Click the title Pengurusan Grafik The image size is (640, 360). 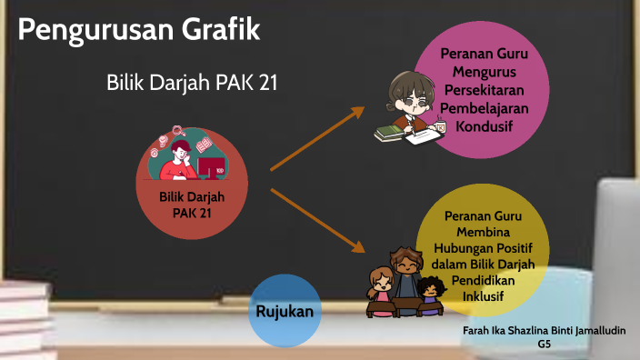139,30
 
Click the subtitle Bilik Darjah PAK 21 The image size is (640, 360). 192,83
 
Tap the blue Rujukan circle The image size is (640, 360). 285,311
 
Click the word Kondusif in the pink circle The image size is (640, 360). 485,125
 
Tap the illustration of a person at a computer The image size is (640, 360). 191,155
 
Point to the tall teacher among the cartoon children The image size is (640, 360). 405,273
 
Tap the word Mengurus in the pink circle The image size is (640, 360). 485,71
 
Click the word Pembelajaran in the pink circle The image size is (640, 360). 485,107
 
